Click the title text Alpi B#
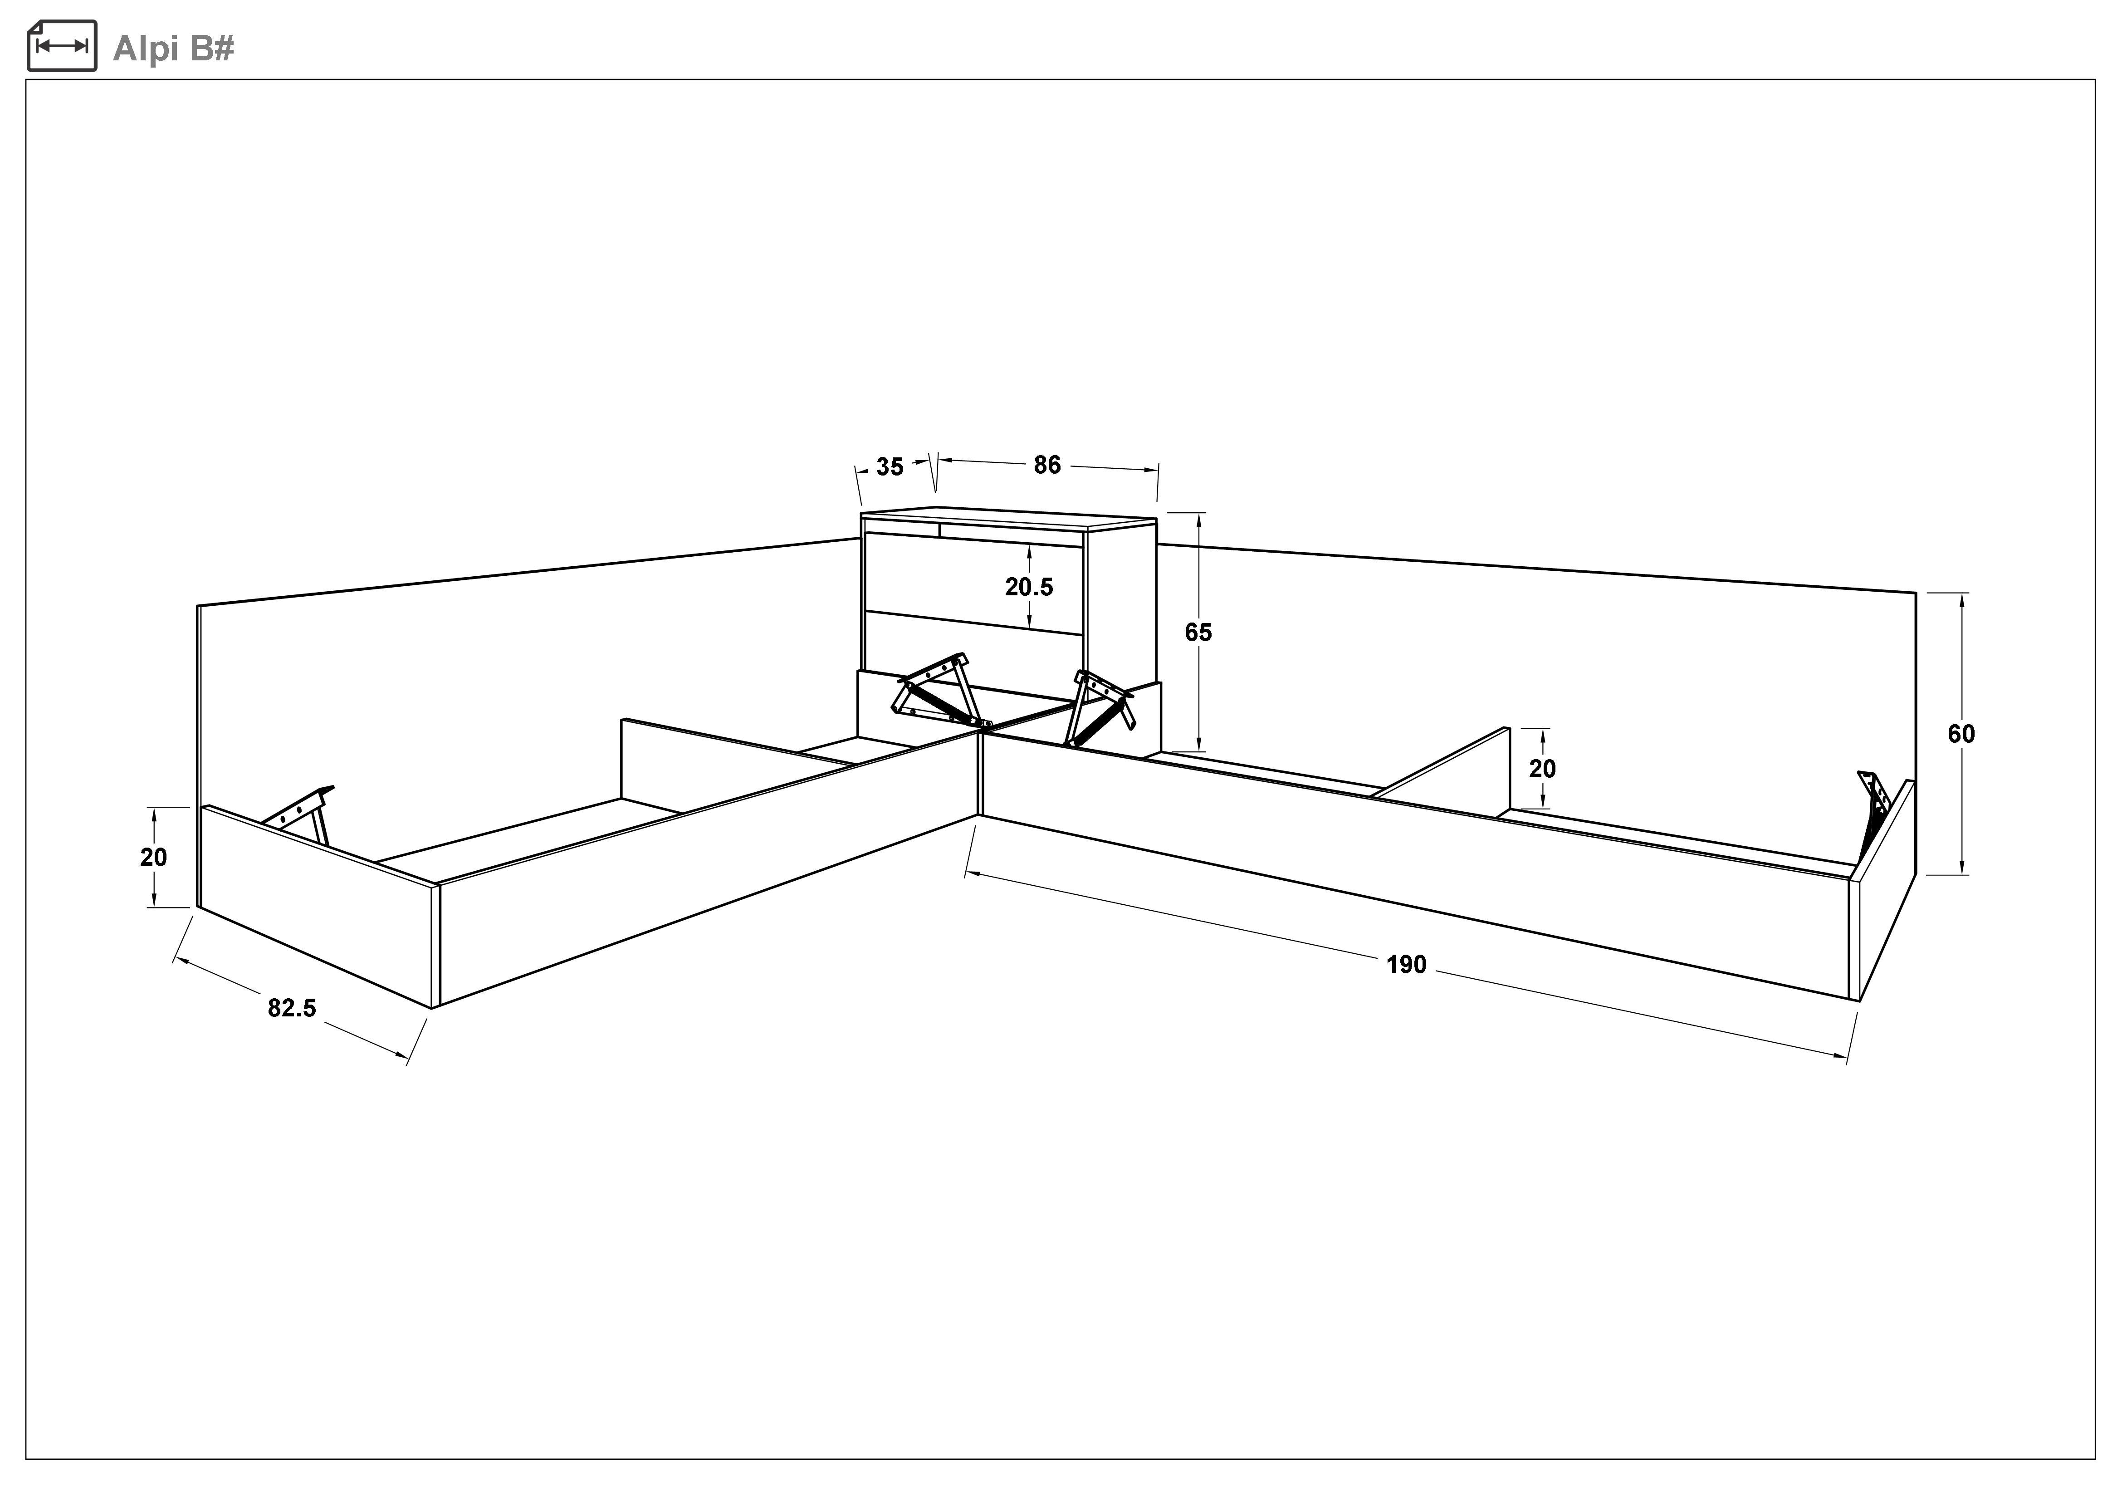pos(173,48)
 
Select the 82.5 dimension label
pos(292,1008)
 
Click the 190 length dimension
pos(1407,965)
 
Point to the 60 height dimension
pos(1961,734)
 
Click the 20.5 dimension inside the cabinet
pos(1029,587)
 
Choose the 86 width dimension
pos(1047,465)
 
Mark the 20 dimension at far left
pos(153,858)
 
